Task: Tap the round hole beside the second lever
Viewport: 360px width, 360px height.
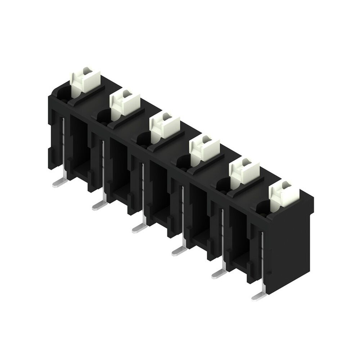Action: [103, 116]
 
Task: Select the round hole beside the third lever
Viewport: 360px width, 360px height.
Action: [143, 139]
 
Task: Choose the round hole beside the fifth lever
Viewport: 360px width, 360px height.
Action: [222, 184]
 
